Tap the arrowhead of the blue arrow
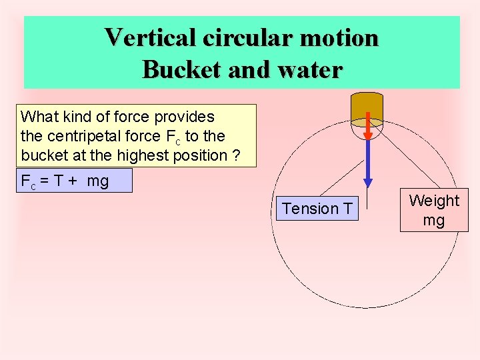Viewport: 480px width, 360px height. coord(367,183)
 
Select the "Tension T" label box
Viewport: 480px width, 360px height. coord(317,209)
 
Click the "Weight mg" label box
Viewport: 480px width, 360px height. coord(434,210)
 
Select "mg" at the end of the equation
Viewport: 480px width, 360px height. coord(97,181)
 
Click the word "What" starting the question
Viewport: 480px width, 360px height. coord(37,117)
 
